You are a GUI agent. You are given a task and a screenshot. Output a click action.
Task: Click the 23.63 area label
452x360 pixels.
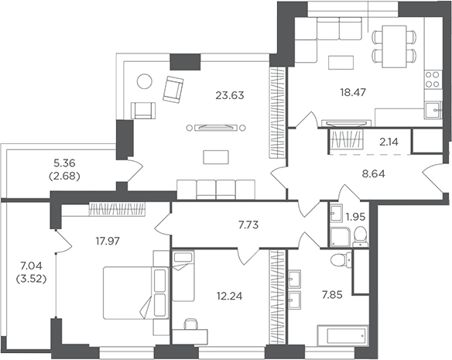point(230,95)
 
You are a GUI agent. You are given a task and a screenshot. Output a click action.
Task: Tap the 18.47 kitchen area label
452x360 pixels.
point(353,92)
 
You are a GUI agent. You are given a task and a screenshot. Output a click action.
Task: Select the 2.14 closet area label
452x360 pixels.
point(389,142)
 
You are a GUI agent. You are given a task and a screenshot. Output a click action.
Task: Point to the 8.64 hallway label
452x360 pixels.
point(374,174)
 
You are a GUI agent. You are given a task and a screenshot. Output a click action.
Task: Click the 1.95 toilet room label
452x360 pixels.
point(355,216)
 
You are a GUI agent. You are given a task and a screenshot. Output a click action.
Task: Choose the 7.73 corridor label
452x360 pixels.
point(248,225)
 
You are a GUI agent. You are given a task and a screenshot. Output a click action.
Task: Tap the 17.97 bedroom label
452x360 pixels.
point(108,241)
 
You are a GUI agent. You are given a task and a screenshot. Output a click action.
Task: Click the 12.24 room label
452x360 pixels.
point(229,296)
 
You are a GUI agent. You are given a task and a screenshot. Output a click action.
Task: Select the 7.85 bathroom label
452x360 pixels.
point(332,295)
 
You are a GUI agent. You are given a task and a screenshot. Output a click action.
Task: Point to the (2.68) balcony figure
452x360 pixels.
point(64,177)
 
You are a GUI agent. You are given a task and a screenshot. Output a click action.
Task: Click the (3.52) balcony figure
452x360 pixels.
point(32,279)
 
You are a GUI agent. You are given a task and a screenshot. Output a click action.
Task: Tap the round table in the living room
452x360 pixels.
point(144,81)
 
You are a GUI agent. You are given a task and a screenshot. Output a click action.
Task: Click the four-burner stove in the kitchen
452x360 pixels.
point(433,80)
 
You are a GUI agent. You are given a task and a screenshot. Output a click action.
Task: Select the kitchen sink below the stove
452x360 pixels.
point(433,110)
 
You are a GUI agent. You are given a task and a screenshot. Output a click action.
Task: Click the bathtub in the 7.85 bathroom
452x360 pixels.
point(342,335)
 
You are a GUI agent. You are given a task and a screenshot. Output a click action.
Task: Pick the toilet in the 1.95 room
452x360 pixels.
point(361,237)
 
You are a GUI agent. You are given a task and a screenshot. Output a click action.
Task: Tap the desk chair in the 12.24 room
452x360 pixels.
point(191,324)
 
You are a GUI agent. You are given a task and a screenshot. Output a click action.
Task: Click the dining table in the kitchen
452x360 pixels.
point(394,46)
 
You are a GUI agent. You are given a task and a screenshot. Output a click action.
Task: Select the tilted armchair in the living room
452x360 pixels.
point(173,89)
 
